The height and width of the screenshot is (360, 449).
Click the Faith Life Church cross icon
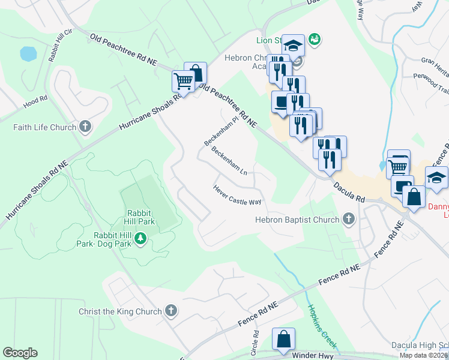[85, 127]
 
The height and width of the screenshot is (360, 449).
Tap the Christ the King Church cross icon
[171, 311]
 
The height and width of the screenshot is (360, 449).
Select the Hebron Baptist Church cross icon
[348, 220]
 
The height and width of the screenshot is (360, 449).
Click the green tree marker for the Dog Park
[140, 239]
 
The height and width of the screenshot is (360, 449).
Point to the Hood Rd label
[35, 100]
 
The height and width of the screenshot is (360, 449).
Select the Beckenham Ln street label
[229, 161]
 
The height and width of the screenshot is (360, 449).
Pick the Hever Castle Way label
[237, 194]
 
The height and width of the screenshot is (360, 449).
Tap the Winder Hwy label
[312, 355]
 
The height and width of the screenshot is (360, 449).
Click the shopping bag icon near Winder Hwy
[283, 339]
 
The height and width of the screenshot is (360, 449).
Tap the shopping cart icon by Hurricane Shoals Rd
[183, 80]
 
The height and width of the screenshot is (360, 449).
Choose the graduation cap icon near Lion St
[292, 45]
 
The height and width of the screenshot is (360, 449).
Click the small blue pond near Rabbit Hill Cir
[28, 54]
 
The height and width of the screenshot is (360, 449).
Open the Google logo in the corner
[20, 353]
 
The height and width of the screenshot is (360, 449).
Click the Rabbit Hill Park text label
[140, 217]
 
